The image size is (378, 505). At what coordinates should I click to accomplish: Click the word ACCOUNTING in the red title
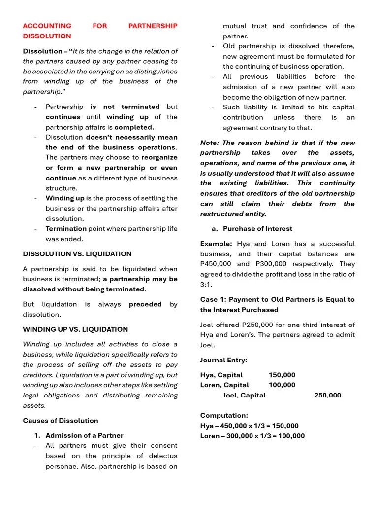[47, 26]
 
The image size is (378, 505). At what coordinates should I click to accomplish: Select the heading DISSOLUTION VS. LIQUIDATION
[77, 254]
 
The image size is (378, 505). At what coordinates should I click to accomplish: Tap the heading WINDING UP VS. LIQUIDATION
[75, 329]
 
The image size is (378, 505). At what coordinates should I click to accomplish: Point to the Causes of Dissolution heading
[61, 421]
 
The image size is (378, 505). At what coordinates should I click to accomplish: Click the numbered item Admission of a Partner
[84, 435]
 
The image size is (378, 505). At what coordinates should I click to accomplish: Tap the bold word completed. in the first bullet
[134, 127]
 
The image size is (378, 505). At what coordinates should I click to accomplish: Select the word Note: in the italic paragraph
[210, 143]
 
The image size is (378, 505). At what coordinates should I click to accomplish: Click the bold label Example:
[216, 244]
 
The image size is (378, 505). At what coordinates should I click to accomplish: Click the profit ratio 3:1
[206, 285]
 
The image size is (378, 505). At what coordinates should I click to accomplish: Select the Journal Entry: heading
[224, 360]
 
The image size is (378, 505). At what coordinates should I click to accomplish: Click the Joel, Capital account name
[244, 395]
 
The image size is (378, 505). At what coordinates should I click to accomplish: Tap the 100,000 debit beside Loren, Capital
[282, 385]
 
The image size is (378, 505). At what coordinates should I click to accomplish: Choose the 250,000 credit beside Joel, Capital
[327, 395]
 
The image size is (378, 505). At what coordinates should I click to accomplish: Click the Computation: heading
[224, 416]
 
